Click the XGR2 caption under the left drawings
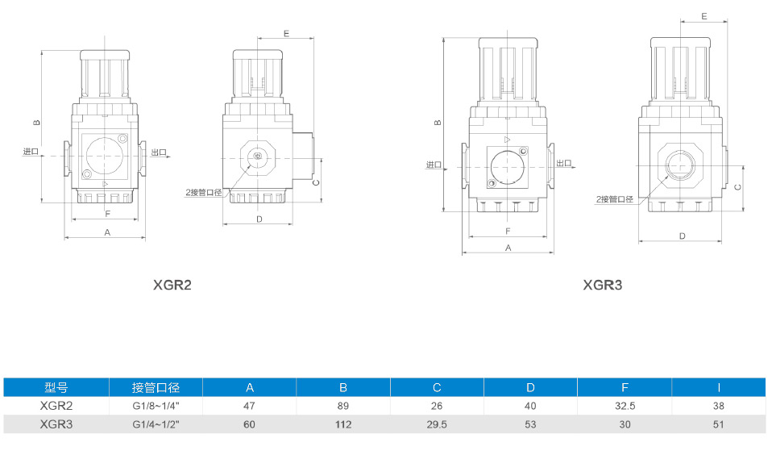pos(172,285)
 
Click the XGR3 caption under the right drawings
pos(603,285)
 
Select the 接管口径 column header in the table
pos(156,388)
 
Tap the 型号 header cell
pos(56,388)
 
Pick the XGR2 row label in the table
pos(56,406)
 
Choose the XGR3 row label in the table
pos(56,424)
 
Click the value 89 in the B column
pos(343,406)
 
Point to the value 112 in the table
pos(343,424)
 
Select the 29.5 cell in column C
pos(437,424)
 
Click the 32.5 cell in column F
pos(625,406)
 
